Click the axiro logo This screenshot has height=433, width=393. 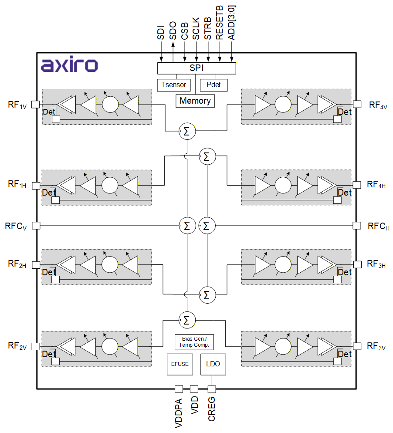click(x=70, y=65)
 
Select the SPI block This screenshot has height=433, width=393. click(x=196, y=68)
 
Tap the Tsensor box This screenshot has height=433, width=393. click(x=173, y=85)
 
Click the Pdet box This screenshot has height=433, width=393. click(x=213, y=85)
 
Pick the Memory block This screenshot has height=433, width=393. click(x=195, y=101)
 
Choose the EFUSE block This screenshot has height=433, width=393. click(x=180, y=364)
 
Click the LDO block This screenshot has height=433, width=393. click(x=213, y=364)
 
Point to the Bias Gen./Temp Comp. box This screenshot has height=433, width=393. click(x=194, y=342)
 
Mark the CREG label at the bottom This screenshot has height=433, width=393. click(x=212, y=409)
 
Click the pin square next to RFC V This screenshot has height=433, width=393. click(x=36, y=225)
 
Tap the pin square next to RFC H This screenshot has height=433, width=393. click(x=357, y=225)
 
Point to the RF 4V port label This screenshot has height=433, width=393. click(x=378, y=105)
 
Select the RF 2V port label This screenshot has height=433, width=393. click(x=17, y=346)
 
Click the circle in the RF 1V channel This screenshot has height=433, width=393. click(x=110, y=104)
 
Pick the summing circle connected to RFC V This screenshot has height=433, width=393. click(x=187, y=226)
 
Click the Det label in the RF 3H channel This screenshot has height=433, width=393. click(x=344, y=272)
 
